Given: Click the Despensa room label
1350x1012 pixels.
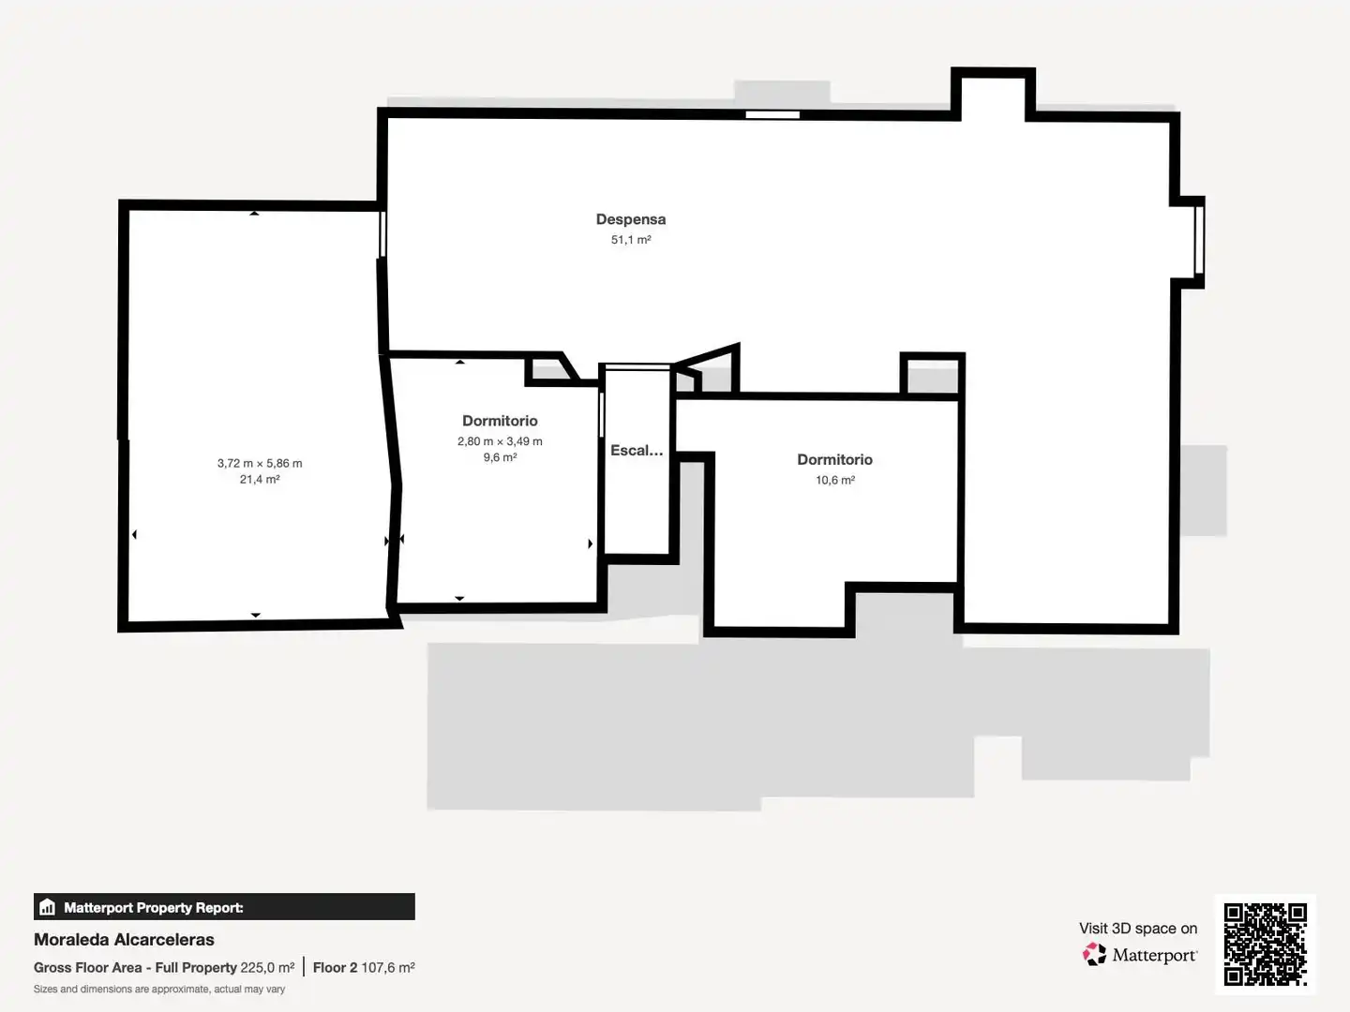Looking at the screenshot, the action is click(x=630, y=219).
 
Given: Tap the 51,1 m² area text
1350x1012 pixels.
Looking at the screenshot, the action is click(x=630, y=240).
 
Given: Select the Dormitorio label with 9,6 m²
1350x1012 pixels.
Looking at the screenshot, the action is click(x=500, y=421).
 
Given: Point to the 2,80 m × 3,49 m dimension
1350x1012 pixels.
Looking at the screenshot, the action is click(x=500, y=441).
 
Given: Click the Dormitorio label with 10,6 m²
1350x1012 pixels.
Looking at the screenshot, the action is click(x=834, y=459).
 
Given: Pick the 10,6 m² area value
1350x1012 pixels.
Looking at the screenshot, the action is click(x=834, y=480).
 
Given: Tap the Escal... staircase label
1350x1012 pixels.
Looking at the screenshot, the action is click(x=637, y=451).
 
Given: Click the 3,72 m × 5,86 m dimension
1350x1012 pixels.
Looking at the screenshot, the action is click(x=260, y=463).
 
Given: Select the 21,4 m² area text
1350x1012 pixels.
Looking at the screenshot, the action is click(x=260, y=479).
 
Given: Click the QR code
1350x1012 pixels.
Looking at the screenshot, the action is click(x=1265, y=945).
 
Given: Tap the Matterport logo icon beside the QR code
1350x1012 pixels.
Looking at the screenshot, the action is click(x=1094, y=954).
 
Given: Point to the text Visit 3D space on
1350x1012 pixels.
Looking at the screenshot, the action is click(x=1138, y=929).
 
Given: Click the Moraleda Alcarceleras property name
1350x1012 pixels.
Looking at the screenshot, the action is click(x=124, y=940).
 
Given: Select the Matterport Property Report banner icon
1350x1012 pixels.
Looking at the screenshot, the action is click(x=48, y=907).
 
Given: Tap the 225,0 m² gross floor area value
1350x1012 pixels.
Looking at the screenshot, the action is click(x=267, y=968).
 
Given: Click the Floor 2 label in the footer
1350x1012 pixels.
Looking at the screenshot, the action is click(x=335, y=968).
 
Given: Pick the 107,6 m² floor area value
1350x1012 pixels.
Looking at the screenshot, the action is click(x=387, y=968).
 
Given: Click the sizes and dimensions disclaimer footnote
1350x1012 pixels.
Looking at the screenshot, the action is click(x=159, y=990).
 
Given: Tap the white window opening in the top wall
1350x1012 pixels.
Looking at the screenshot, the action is click(x=772, y=115).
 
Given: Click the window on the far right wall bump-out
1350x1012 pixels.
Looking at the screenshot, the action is click(x=1199, y=240).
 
